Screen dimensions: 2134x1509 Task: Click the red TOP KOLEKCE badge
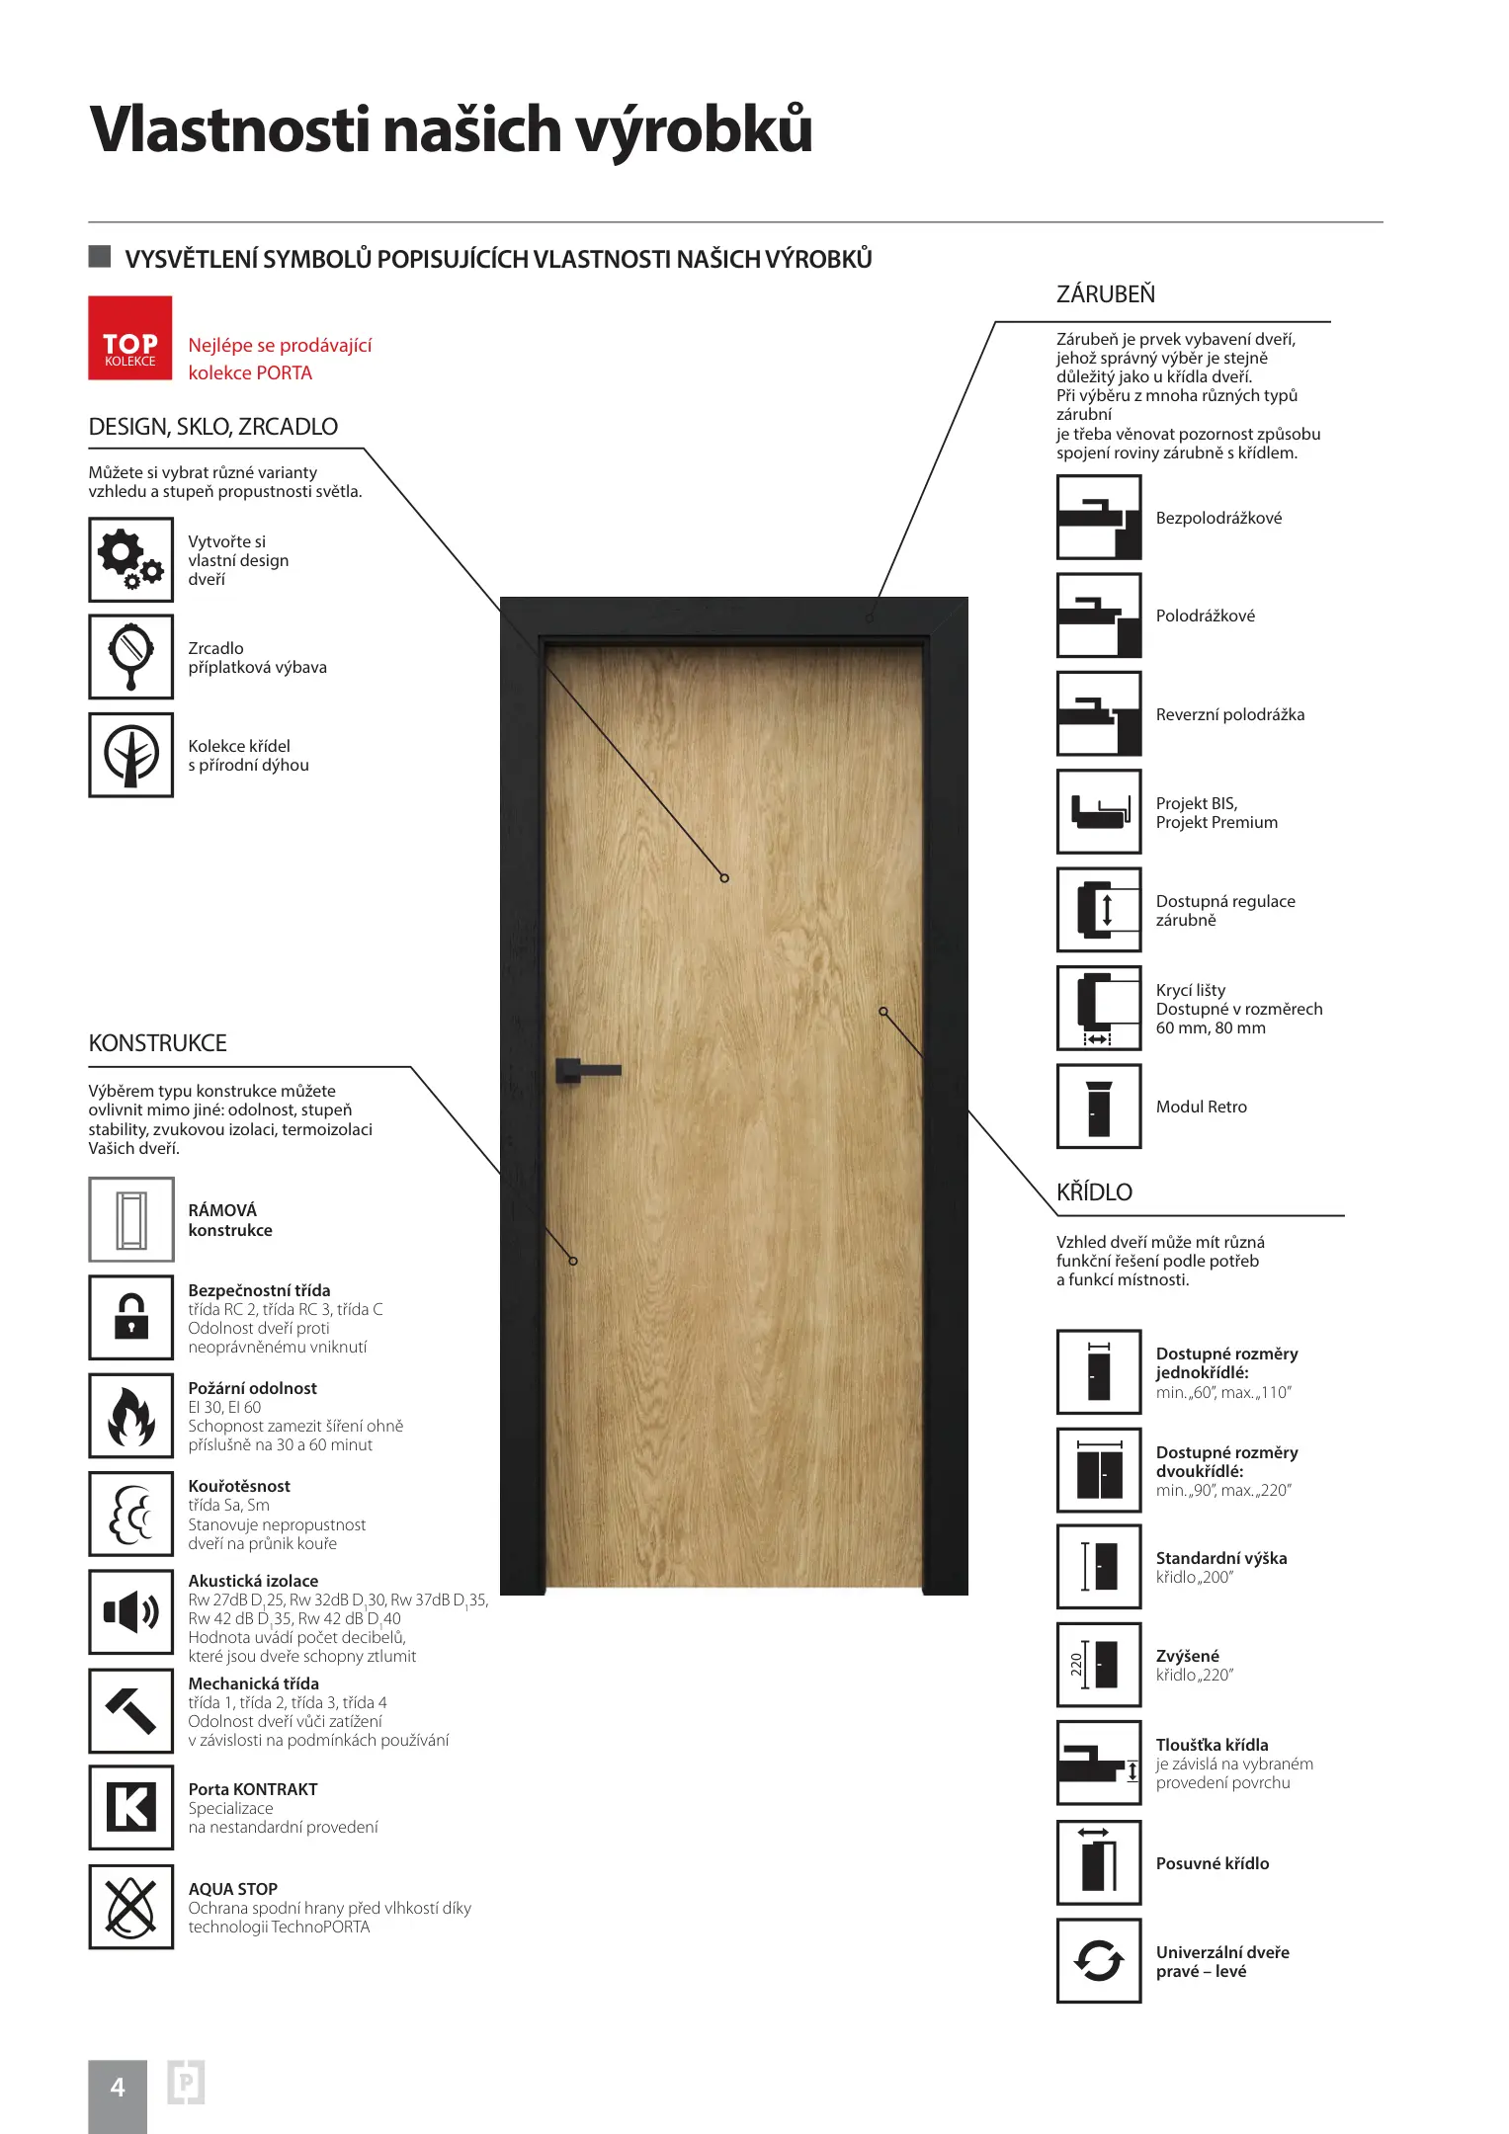[x=130, y=338]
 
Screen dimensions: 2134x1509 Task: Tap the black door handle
[x=586, y=1070]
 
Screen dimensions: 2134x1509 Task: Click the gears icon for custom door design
[x=130, y=559]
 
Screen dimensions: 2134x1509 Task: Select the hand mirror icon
[x=130, y=657]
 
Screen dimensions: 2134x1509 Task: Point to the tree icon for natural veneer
[x=130, y=755]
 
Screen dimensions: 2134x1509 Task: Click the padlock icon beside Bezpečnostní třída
[x=130, y=1318]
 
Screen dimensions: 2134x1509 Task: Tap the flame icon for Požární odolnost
[x=130, y=1416]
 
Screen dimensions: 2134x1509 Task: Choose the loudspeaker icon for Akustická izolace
[x=130, y=1612]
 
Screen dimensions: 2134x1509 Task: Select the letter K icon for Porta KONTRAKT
[x=130, y=1808]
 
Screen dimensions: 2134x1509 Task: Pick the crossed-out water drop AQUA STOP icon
[x=130, y=1907]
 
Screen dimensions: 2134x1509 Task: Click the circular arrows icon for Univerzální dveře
[x=1099, y=1961]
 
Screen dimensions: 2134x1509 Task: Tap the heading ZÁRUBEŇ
[x=1105, y=294]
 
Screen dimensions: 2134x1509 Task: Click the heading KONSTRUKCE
[x=157, y=1043]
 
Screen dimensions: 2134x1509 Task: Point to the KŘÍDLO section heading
[x=1094, y=1192]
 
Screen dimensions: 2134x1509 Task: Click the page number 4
[x=118, y=2088]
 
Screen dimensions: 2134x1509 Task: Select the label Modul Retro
[x=1201, y=1108]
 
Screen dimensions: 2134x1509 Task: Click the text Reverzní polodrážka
[x=1229, y=714]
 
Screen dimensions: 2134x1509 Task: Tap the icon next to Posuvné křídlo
[x=1099, y=1863]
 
